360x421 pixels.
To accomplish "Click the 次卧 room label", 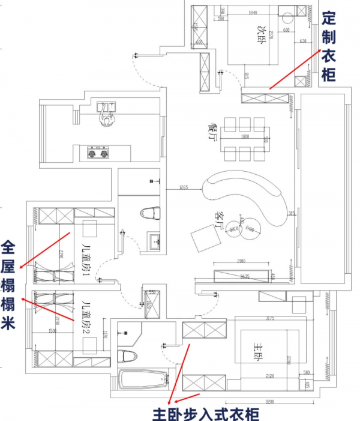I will point(262,28).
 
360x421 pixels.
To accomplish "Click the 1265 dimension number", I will point(184,188).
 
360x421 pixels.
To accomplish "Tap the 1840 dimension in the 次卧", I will point(252,13).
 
